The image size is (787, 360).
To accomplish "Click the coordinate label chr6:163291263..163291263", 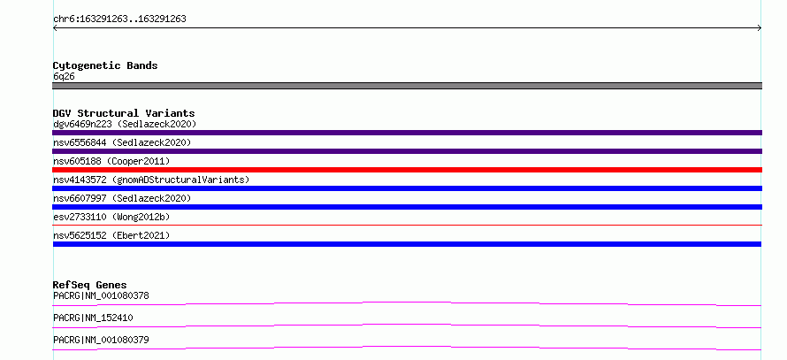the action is pyautogui.click(x=119, y=19).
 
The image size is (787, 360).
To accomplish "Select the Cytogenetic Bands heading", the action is pyautogui.click(x=105, y=65).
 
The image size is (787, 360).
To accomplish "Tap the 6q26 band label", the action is pyautogui.click(x=65, y=77).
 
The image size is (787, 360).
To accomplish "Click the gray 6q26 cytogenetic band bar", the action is pyautogui.click(x=407, y=86).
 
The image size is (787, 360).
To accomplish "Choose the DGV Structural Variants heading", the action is pyautogui.click(x=124, y=113).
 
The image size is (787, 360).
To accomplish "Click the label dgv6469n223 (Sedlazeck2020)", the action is pyautogui.click(x=125, y=124).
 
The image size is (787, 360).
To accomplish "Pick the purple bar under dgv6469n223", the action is pyautogui.click(x=407, y=133).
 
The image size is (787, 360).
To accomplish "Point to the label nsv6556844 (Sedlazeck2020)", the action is pyautogui.click(x=122, y=142).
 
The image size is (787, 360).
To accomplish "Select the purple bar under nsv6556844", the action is pyautogui.click(x=407, y=151).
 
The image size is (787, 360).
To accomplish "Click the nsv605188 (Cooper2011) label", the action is pyautogui.click(x=111, y=161).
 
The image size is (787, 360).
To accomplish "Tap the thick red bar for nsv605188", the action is pyautogui.click(x=407, y=170).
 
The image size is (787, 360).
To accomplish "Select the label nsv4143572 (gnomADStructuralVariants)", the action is pyautogui.click(x=151, y=180).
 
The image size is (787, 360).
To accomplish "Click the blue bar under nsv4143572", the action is pyautogui.click(x=407, y=188).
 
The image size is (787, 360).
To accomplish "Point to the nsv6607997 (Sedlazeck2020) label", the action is pyautogui.click(x=122, y=198).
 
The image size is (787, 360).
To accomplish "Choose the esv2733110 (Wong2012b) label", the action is pyautogui.click(x=111, y=217).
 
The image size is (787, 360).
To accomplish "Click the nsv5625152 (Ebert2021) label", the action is pyautogui.click(x=111, y=235).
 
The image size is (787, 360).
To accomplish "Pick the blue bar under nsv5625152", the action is pyautogui.click(x=407, y=244).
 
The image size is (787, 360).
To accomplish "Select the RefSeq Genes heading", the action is pyautogui.click(x=90, y=285).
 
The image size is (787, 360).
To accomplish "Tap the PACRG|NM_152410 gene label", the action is pyautogui.click(x=94, y=318).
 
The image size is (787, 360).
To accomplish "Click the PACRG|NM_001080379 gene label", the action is pyautogui.click(x=101, y=340).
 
